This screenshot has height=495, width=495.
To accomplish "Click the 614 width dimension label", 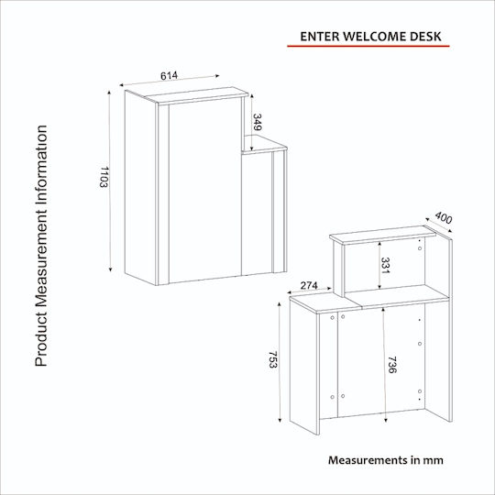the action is [170, 76].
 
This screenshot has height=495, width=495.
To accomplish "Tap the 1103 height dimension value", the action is [104, 177].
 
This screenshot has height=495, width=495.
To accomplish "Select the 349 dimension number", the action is [257, 122].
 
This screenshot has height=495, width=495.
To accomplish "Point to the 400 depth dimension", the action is [444, 218].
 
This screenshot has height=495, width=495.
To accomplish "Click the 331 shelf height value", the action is [385, 266].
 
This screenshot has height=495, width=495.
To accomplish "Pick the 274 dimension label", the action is [309, 285].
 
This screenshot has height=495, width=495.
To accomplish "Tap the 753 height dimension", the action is [272, 359].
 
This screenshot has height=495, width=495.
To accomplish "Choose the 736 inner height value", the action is [391, 365].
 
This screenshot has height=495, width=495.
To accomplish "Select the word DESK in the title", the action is [425, 37].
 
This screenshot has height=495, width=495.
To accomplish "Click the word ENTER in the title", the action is [320, 37].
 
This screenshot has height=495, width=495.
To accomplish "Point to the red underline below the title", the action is [368, 46].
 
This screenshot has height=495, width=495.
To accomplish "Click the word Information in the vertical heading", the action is [41, 163].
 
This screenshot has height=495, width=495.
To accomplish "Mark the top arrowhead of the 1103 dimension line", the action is [109, 93].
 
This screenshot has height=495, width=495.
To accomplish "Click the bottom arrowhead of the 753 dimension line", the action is [280, 420].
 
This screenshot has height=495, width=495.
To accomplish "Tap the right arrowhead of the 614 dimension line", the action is [217, 76].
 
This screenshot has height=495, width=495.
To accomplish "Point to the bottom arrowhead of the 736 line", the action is [385, 420].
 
